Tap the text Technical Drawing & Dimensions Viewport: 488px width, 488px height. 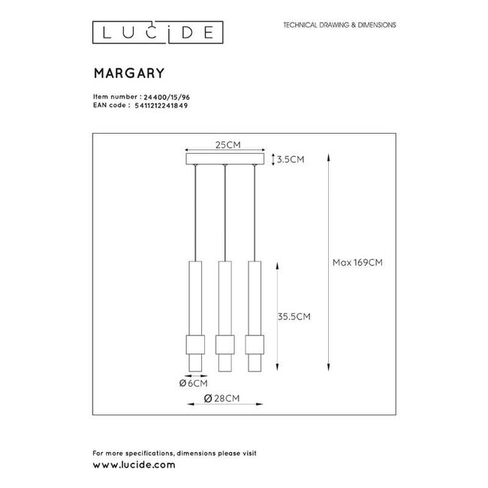(x=339, y=25)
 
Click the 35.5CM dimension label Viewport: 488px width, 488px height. (x=294, y=317)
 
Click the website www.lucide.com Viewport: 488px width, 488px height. (x=134, y=465)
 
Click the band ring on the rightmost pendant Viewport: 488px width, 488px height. (x=252, y=345)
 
